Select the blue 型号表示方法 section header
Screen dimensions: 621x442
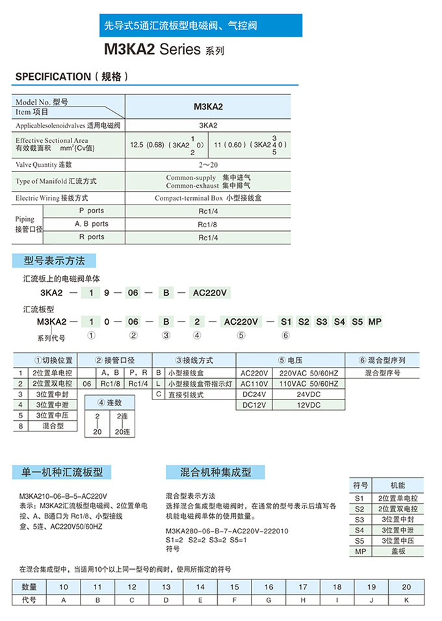(x=55, y=260)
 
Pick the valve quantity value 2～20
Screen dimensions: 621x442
(x=208, y=164)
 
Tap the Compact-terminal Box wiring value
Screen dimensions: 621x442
(x=208, y=197)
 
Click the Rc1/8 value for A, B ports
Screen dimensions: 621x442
(x=208, y=224)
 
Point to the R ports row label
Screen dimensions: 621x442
(x=91, y=237)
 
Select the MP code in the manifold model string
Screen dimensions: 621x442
(x=375, y=322)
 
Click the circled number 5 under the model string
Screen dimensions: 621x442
(x=241, y=335)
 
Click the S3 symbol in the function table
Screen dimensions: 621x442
(x=360, y=519)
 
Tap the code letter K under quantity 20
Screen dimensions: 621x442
(x=406, y=600)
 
